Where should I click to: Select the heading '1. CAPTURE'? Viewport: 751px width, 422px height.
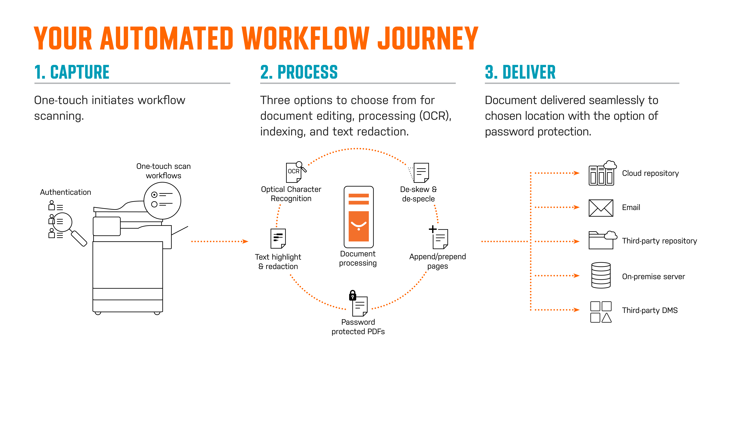coord(72,72)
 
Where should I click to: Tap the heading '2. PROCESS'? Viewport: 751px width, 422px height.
coord(299,72)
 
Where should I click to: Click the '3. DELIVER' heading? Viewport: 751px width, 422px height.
coord(520,72)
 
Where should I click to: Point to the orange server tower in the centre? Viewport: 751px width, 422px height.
coord(359,217)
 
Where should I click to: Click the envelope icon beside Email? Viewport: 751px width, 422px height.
coord(601,208)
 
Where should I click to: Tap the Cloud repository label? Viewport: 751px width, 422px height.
coord(650,173)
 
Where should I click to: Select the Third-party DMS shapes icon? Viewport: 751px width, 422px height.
coord(601,312)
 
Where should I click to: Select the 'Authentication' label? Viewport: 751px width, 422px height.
coord(66,192)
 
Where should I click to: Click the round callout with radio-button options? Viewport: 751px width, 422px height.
coord(162,201)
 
